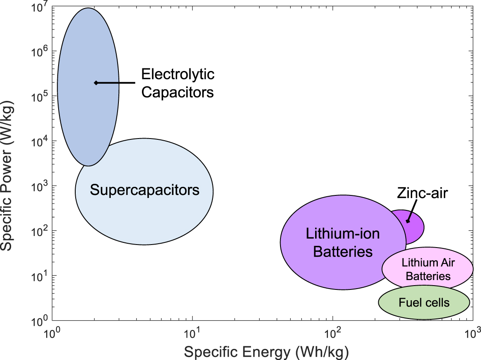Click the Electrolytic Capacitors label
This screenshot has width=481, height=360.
177,83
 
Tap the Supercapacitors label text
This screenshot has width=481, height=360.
145,190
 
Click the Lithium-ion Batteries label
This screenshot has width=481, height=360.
342,242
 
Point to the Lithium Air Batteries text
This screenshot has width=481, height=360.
428,269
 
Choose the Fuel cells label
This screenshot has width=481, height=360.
424,303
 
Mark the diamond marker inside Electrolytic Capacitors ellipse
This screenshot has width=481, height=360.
96,83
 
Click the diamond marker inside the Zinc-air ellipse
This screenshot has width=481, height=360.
408,221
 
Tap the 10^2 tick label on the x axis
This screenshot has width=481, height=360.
332,332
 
